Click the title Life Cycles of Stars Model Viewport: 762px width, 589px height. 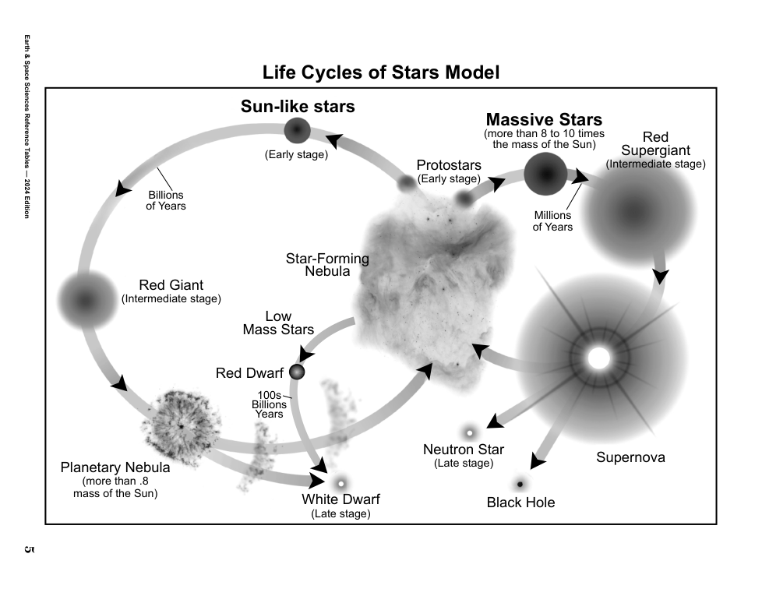point(380,72)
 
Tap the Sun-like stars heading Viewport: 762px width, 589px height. point(298,106)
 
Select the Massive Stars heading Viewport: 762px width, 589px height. point(544,120)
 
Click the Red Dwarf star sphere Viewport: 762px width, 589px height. point(297,372)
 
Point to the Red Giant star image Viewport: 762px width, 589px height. point(85,299)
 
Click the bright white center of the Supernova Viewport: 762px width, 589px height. point(598,358)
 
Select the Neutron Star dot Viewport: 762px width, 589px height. point(470,432)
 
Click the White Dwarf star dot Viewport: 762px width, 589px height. point(340,482)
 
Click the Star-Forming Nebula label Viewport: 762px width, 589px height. point(327,265)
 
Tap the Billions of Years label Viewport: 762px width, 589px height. point(166,200)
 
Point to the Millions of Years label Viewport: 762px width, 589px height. point(552,220)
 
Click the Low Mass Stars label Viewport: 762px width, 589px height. point(278,323)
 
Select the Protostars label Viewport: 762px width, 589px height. point(449,165)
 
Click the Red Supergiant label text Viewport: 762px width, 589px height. point(655,144)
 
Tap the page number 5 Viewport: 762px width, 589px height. point(29,549)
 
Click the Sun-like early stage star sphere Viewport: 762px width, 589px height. point(297,131)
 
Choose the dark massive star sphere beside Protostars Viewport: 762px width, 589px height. point(545,174)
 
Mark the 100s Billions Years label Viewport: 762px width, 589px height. point(270,404)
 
